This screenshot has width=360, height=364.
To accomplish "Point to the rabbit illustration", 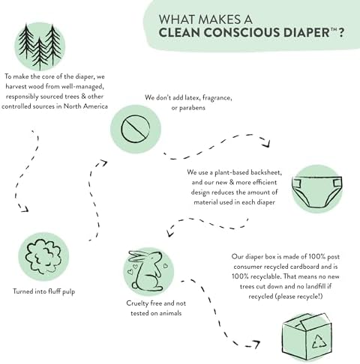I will (146, 274).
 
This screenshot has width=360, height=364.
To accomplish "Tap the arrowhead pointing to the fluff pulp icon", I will (25, 209).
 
